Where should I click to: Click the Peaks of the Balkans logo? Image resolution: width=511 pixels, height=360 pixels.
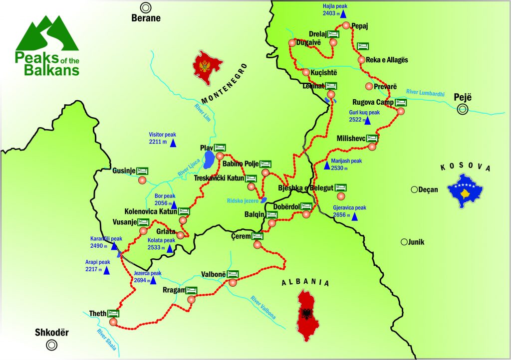(x=47, y=45)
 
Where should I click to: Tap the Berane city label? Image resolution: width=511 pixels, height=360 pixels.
(x=146, y=18)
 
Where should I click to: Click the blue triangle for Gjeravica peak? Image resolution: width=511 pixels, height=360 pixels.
(x=354, y=216)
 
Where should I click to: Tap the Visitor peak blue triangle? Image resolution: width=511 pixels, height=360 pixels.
(x=173, y=144)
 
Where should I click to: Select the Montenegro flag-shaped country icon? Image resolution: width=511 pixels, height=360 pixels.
(x=208, y=71)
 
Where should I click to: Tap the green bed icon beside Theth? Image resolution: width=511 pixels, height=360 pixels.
(x=114, y=314)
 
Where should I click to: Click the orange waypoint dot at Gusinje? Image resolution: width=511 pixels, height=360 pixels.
(x=143, y=180)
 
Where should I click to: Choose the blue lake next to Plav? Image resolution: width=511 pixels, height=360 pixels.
(x=210, y=160)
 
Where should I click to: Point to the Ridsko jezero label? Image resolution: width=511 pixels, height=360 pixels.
(x=241, y=200)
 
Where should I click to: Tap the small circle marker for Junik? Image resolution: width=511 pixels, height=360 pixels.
(x=403, y=242)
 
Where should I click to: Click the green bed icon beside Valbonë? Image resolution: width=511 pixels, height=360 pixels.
(x=233, y=274)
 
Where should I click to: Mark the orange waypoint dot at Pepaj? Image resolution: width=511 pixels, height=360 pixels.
(x=345, y=25)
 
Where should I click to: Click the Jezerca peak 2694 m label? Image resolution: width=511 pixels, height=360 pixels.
(x=148, y=277)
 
